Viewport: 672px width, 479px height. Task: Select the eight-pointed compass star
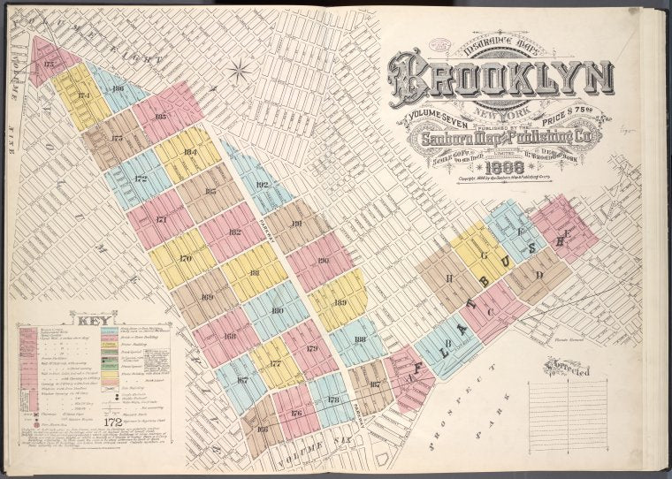coord(239,69)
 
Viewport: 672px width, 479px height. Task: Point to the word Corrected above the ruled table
coord(569,366)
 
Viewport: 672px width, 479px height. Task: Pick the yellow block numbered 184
coord(187,152)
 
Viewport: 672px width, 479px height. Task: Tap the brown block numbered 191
coord(297,224)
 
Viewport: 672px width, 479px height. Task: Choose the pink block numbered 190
coord(321,261)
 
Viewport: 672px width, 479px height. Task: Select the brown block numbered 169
coord(205,297)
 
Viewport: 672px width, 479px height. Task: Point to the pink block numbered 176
coord(295,412)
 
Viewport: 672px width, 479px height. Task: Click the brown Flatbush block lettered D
coord(537,274)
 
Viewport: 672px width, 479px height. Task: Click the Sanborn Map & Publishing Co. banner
coord(501,139)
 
